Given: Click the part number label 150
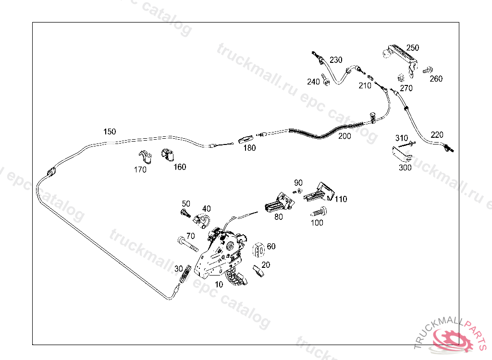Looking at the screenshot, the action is (x=110, y=132).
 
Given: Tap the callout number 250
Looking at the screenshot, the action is (x=413, y=48).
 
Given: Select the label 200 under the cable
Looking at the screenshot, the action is (x=344, y=136).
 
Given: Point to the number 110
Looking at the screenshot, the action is (x=341, y=199).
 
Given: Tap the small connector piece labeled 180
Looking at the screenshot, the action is (x=246, y=140).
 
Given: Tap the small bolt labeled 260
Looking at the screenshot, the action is (x=427, y=70).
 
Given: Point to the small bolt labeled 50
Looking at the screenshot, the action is (x=185, y=213).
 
